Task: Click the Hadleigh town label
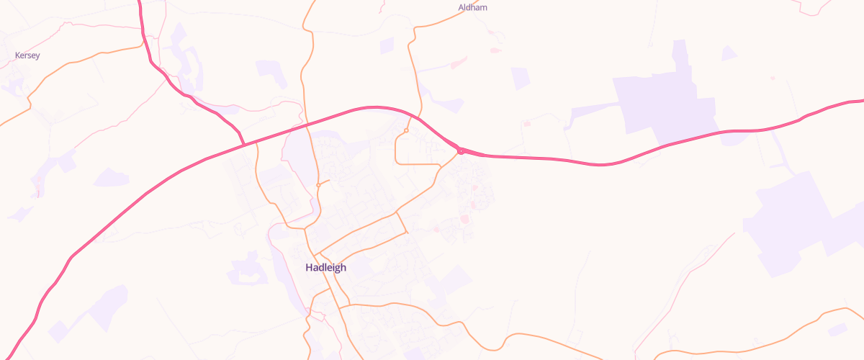[x=325, y=267]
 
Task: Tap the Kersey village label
[x=27, y=55]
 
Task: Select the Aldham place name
[x=473, y=7]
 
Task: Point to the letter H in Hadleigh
[x=310, y=267]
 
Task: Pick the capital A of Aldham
[x=462, y=7]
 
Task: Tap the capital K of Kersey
[x=17, y=55]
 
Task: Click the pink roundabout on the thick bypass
[x=460, y=150]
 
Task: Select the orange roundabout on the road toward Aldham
[x=406, y=130]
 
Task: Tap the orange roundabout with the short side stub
[x=318, y=185]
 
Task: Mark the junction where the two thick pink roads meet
[x=243, y=145]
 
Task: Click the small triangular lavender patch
[x=729, y=53]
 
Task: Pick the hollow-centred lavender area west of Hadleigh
[x=246, y=269]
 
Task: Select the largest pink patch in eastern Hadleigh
[x=464, y=218]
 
